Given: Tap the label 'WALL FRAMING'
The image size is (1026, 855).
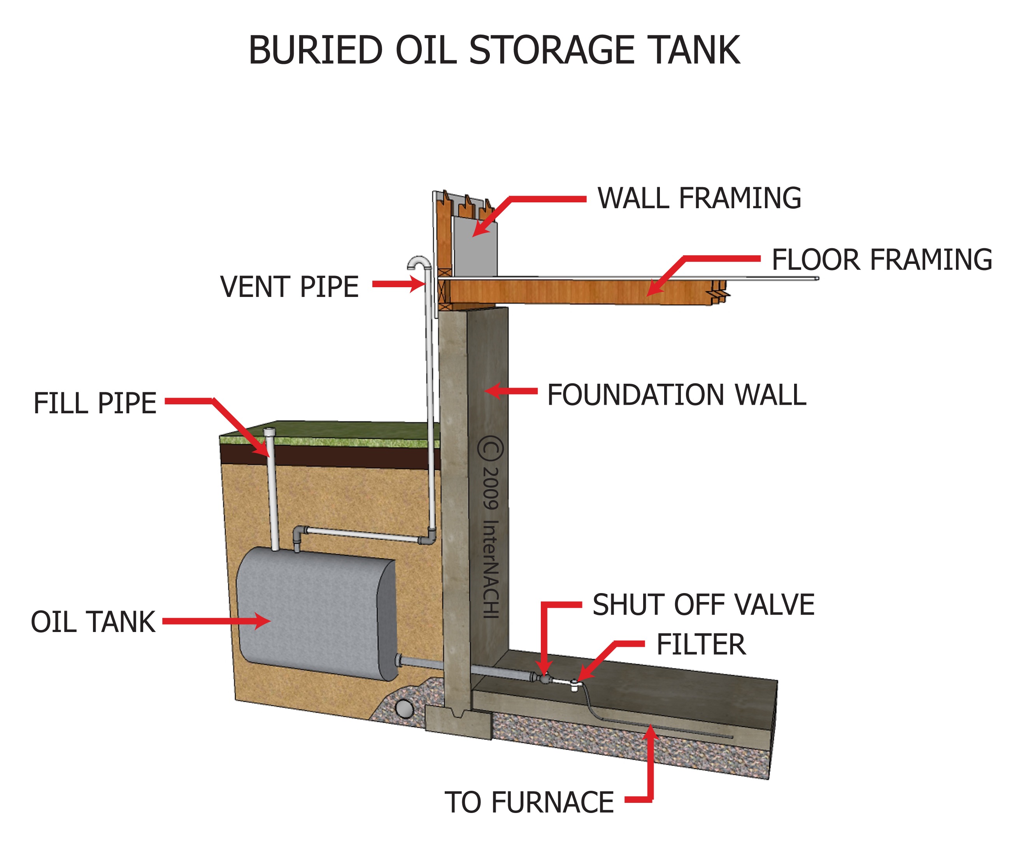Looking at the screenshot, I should point(699,198).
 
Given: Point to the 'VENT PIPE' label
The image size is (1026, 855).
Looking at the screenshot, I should point(289,287).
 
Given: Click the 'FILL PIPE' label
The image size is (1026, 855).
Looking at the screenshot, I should point(95,404).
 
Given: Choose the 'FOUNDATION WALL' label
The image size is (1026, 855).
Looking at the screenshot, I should point(676,395).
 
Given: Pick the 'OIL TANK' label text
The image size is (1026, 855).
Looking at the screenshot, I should point(93,622).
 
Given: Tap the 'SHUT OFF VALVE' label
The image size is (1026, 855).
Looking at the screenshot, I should point(703,605).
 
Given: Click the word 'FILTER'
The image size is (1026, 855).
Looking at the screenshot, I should point(701,644).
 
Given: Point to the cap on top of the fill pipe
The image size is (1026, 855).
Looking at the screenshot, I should point(270,432).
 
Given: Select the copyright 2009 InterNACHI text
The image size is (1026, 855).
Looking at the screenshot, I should point(491,528).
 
